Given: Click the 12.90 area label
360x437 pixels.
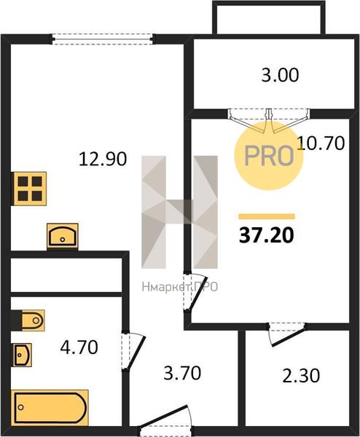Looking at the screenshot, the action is click(x=103, y=159).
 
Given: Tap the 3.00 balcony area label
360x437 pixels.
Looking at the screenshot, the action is click(x=280, y=75).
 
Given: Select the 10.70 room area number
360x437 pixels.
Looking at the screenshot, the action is click(x=321, y=143).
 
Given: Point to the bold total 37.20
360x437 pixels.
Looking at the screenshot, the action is click(x=267, y=235).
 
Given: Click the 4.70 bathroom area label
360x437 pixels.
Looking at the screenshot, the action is click(x=79, y=347).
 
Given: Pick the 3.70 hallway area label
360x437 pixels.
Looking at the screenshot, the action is click(x=182, y=373).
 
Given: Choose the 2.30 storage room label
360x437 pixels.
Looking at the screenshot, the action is click(x=301, y=375).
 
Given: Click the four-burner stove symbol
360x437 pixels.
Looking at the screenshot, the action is click(x=28, y=189).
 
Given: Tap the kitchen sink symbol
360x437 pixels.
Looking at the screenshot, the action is click(x=63, y=236).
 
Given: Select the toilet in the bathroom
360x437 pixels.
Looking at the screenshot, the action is click(x=28, y=320).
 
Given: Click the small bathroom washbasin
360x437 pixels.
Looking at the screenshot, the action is click(x=22, y=355).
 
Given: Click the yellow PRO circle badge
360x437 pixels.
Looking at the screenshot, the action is click(x=268, y=156).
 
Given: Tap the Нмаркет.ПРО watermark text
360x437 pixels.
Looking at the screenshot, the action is click(x=179, y=287).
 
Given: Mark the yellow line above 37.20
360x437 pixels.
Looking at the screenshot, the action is click(x=267, y=216).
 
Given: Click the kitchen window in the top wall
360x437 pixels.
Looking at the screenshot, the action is click(x=103, y=39).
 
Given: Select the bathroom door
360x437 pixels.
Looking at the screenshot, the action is click(x=133, y=350).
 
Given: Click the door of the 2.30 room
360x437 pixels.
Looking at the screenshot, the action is click(x=287, y=334).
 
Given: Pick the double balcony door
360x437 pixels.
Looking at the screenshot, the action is click(x=268, y=120).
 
